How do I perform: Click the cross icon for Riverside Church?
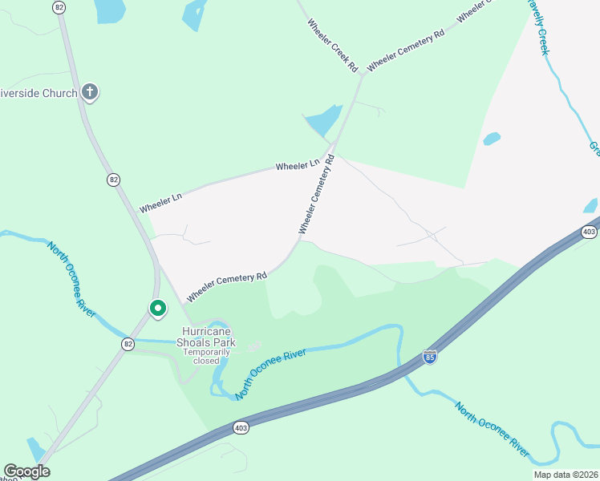click(89, 92)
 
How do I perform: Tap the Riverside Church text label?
click(39, 93)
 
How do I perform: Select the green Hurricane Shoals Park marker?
click(158, 308)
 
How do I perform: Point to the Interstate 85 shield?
click(430, 357)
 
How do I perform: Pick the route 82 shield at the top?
click(59, 6)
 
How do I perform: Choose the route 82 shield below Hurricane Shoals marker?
click(128, 343)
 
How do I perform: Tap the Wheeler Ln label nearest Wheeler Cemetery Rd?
click(298, 165)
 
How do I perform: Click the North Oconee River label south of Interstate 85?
click(492, 430)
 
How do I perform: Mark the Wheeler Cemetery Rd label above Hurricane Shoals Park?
click(226, 287)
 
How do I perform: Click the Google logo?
click(26, 471)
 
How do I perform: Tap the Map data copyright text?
click(566, 474)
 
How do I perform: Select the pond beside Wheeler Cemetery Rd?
click(324, 121)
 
